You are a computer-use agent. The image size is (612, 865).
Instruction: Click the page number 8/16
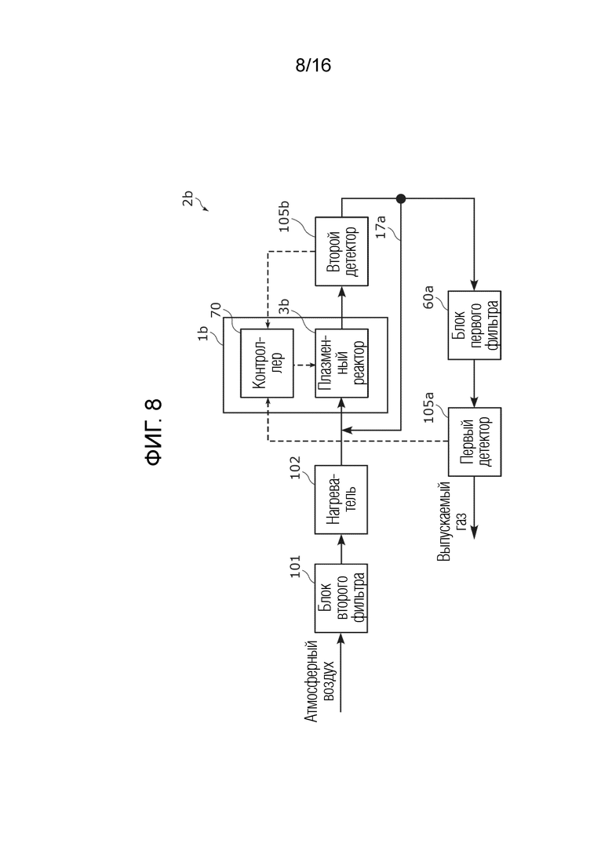point(313,65)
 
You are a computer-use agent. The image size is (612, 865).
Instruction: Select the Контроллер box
point(267,363)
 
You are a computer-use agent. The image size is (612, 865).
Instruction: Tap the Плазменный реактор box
point(341,363)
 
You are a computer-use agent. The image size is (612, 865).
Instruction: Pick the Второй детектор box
point(341,251)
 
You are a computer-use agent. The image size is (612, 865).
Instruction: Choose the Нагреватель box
point(341,500)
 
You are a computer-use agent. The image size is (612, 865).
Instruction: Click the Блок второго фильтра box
point(341,598)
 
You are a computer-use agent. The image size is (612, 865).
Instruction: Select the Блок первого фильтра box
point(475,325)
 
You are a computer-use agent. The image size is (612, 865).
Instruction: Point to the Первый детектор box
point(475,442)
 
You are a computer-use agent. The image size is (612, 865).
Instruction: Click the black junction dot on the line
point(401,198)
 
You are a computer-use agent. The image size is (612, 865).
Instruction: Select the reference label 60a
point(428,296)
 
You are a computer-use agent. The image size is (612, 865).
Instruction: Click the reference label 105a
point(428,407)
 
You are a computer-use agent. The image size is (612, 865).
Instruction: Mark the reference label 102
point(295,467)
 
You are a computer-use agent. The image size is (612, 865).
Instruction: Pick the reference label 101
point(295,566)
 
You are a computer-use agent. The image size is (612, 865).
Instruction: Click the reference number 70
point(215,310)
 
